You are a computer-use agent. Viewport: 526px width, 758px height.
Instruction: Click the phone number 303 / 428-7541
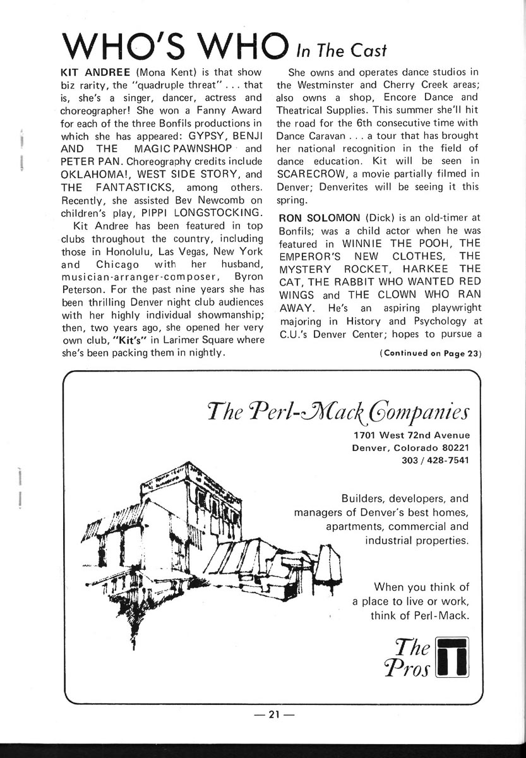click(x=435, y=459)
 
